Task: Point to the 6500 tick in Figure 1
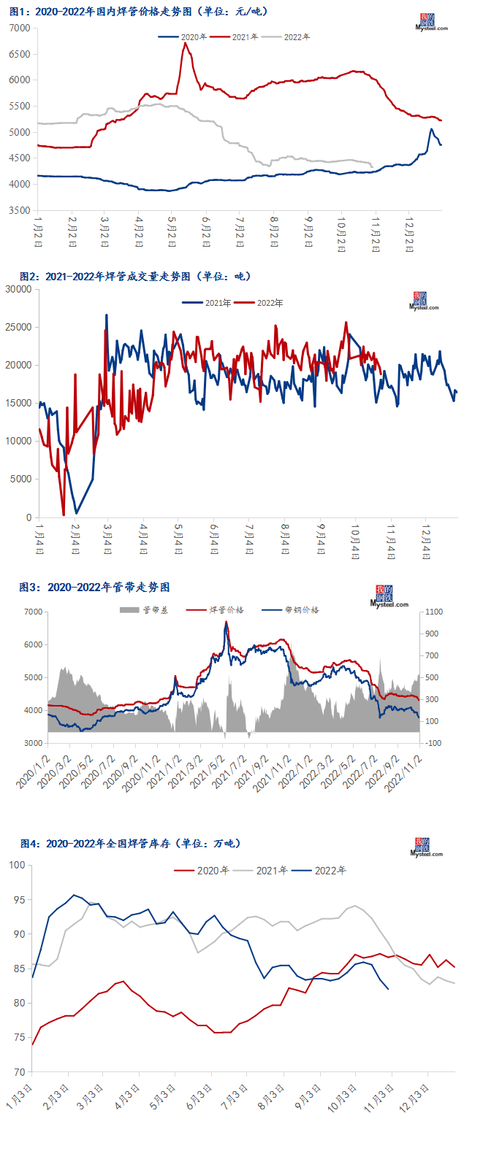[x=20, y=54]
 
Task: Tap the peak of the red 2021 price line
[x=185, y=43]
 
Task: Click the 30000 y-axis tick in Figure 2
[x=18, y=289]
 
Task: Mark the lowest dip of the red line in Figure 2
[x=64, y=515]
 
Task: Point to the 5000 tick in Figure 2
[x=20, y=479]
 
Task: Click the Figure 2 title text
[x=135, y=277]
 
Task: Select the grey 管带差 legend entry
[x=144, y=610]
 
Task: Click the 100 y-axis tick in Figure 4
[x=17, y=865]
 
